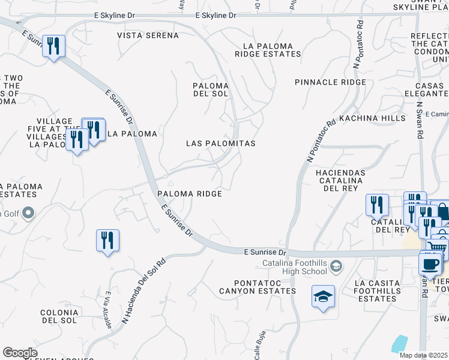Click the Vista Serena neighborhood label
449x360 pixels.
(148, 35)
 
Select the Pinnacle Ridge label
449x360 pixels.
(330, 82)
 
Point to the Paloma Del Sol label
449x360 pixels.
(210, 90)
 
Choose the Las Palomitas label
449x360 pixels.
(221, 144)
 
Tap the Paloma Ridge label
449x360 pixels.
(190, 194)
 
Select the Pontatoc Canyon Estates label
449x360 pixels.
(265, 287)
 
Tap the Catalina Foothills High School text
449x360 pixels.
(296, 268)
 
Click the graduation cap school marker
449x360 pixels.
(323, 296)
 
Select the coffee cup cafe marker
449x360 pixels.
(430, 263)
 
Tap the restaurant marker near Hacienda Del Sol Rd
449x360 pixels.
(107, 241)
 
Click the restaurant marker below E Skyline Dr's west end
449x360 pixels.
(53, 46)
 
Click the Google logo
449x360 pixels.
(20, 353)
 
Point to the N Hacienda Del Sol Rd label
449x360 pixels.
(143, 291)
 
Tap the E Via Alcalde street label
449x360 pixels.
(108, 310)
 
